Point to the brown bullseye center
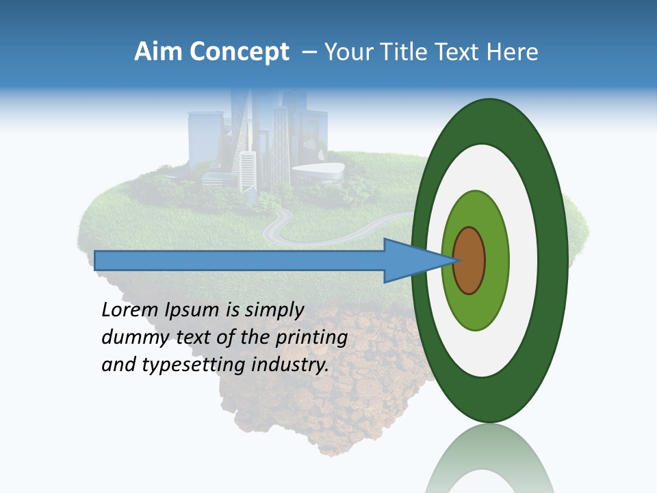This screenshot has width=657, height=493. click(x=469, y=261)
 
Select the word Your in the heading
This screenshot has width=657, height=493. click(x=346, y=52)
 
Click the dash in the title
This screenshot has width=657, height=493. click(x=309, y=52)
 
